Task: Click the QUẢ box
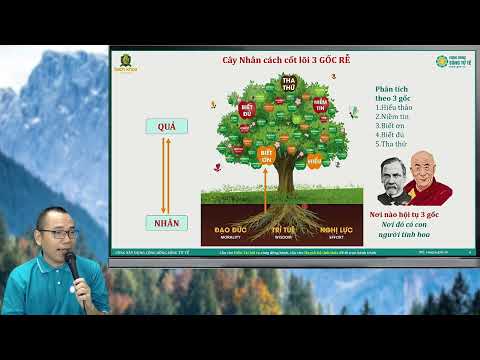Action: [x=167, y=126]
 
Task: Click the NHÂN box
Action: [x=167, y=222]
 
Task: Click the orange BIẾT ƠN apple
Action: [x=267, y=157]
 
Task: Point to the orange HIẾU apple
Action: [x=313, y=159]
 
